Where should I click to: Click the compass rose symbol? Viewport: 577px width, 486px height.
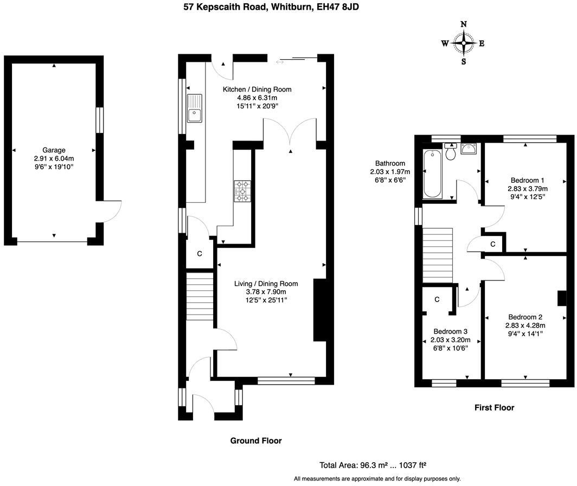click(463, 43)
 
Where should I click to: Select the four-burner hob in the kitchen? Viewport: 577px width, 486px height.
click(242, 191)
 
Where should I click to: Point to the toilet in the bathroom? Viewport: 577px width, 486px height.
click(450, 152)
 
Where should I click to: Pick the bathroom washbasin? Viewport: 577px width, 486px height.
click(468, 149)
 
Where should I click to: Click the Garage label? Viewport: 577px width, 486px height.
click(54, 150)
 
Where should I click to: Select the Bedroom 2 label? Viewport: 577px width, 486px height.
click(525, 317)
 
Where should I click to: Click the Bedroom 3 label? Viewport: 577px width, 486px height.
click(450, 331)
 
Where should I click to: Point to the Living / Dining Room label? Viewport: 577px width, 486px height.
click(266, 284)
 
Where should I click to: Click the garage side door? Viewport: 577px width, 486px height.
click(111, 212)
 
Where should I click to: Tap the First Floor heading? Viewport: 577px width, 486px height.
click(494, 407)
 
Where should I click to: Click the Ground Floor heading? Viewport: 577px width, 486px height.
click(256, 441)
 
